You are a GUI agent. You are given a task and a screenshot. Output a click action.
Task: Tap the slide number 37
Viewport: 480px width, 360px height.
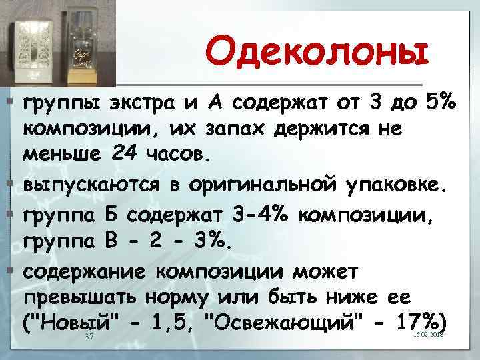pyautogui.click(x=90, y=337)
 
